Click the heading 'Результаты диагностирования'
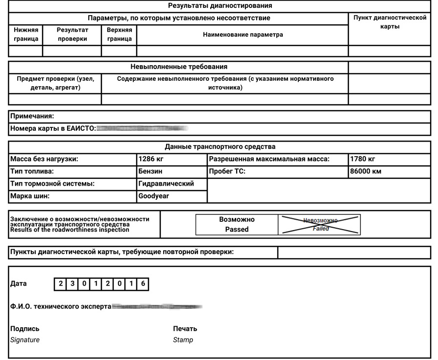[x=219, y=6]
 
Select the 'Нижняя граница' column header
[x=26, y=34]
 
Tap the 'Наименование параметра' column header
[x=243, y=35]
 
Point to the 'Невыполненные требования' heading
[x=178, y=67]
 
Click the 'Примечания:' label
[x=32, y=117]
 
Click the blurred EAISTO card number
[x=142, y=129]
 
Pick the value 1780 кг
[x=363, y=159]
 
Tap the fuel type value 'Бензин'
[x=150, y=171]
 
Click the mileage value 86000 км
[x=365, y=171]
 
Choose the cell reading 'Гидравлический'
[x=166, y=184]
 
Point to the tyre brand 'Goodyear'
[x=153, y=196]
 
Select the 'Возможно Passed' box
[x=237, y=224]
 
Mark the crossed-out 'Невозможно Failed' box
[x=319, y=224]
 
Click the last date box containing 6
[x=143, y=284]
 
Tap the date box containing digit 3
[x=72, y=284]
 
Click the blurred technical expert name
[x=157, y=307]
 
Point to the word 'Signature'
[x=25, y=340]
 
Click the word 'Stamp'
[x=183, y=340]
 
